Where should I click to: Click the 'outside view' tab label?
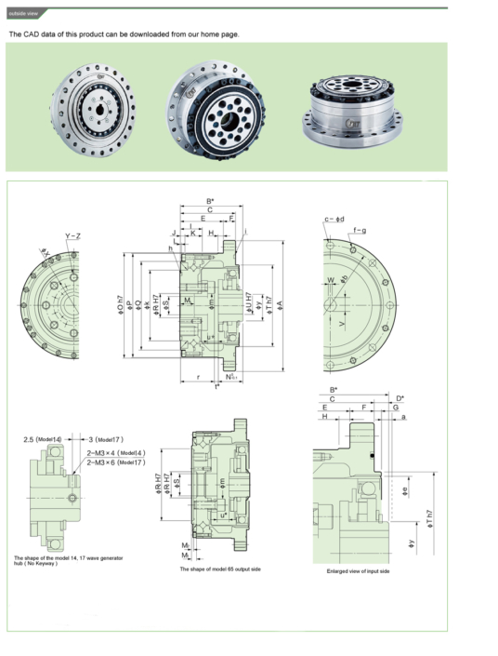pos(23,13)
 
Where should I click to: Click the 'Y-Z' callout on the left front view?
pos(72,235)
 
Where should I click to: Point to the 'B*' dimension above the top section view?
pos(210,201)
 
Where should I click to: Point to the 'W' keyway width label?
pos(329,279)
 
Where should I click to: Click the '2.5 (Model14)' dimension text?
pos(43,438)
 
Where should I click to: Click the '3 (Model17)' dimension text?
pos(105,438)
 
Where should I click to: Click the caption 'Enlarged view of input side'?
pos(358,570)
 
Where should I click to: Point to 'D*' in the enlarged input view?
pos(400,398)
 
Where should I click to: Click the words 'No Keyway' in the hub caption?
pos(41,564)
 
